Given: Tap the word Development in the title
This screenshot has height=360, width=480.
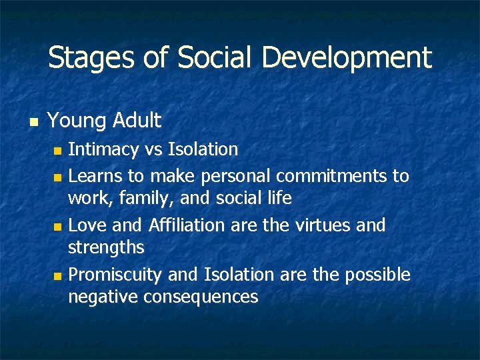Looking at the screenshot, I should [x=347, y=58].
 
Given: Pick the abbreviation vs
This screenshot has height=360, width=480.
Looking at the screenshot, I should [x=155, y=149].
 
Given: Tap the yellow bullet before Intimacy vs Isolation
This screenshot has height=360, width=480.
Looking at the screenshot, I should [x=57, y=151].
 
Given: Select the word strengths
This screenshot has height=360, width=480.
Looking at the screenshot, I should [x=106, y=248].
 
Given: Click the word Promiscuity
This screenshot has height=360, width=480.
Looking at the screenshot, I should [x=117, y=275].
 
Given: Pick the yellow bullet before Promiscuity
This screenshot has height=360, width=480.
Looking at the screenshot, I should [x=57, y=276].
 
